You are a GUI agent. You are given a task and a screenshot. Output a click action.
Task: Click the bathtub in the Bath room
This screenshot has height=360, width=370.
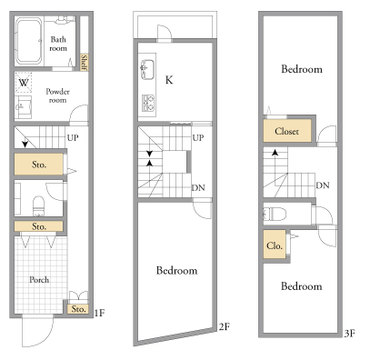click(x=29, y=41)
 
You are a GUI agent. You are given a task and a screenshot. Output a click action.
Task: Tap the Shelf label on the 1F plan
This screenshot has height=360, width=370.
click(x=84, y=62)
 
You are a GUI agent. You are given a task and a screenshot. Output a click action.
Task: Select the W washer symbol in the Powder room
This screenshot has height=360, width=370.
click(x=23, y=82)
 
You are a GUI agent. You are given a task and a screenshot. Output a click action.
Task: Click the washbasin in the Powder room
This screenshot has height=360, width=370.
click(x=24, y=106)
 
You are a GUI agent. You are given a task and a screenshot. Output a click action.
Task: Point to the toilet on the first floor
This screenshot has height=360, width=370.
click(x=39, y=205)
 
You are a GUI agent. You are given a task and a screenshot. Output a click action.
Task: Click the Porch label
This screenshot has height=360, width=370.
click(x=39, y=279)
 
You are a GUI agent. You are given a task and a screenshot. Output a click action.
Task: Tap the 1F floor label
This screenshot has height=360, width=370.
click(x=100, y=313)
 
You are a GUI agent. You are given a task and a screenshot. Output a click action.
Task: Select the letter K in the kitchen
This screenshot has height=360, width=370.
click(x=169, y=80)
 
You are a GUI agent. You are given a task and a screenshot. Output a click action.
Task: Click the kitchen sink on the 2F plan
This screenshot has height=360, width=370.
click(x=147, y=70)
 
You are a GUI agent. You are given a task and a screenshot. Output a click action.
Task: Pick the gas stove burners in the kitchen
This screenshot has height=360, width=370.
click(x=149, y=103)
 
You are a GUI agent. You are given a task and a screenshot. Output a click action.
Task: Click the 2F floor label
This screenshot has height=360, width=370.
click(x=225, y=327)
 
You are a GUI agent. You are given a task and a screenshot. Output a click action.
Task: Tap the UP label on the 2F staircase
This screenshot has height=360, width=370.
click(x=198, y=138)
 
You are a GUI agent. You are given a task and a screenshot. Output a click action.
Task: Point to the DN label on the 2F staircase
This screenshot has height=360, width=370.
click(x=198, y=188)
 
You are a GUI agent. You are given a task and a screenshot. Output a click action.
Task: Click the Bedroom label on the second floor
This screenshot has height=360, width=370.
click(x=177, y=270)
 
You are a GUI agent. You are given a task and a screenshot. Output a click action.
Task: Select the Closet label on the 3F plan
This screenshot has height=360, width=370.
click(x=287, y=131)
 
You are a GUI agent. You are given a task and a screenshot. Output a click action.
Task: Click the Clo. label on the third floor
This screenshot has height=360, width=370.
click(x=275, y=246)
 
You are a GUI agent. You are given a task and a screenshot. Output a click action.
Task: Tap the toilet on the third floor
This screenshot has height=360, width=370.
click(x=275, y=214)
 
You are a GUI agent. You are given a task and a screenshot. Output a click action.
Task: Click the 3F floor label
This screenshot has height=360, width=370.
click(x=349, y=333)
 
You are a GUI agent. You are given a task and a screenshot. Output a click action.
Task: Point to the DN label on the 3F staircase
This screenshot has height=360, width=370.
click(x=322, y=185)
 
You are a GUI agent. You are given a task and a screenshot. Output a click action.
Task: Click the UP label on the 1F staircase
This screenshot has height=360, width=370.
click(x=73, y=138)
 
